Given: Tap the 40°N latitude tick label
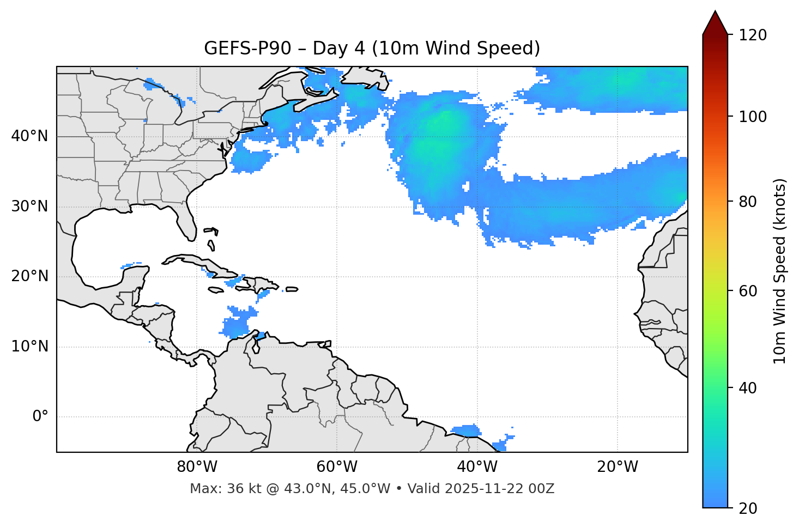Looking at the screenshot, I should (29, 136).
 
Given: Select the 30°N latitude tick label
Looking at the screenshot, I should (29, 207).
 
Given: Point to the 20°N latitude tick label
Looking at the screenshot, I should (29, 276).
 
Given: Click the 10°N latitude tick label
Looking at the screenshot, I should (29, 347).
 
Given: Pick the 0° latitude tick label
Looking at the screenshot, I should (40, 417).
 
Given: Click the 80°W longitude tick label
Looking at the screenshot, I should (197, 467).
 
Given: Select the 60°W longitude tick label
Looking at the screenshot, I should (337, 467).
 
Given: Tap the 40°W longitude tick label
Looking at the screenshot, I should (477, 467).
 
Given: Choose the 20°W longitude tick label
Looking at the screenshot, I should (617, 467).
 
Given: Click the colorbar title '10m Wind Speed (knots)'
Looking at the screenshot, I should (780, 271).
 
